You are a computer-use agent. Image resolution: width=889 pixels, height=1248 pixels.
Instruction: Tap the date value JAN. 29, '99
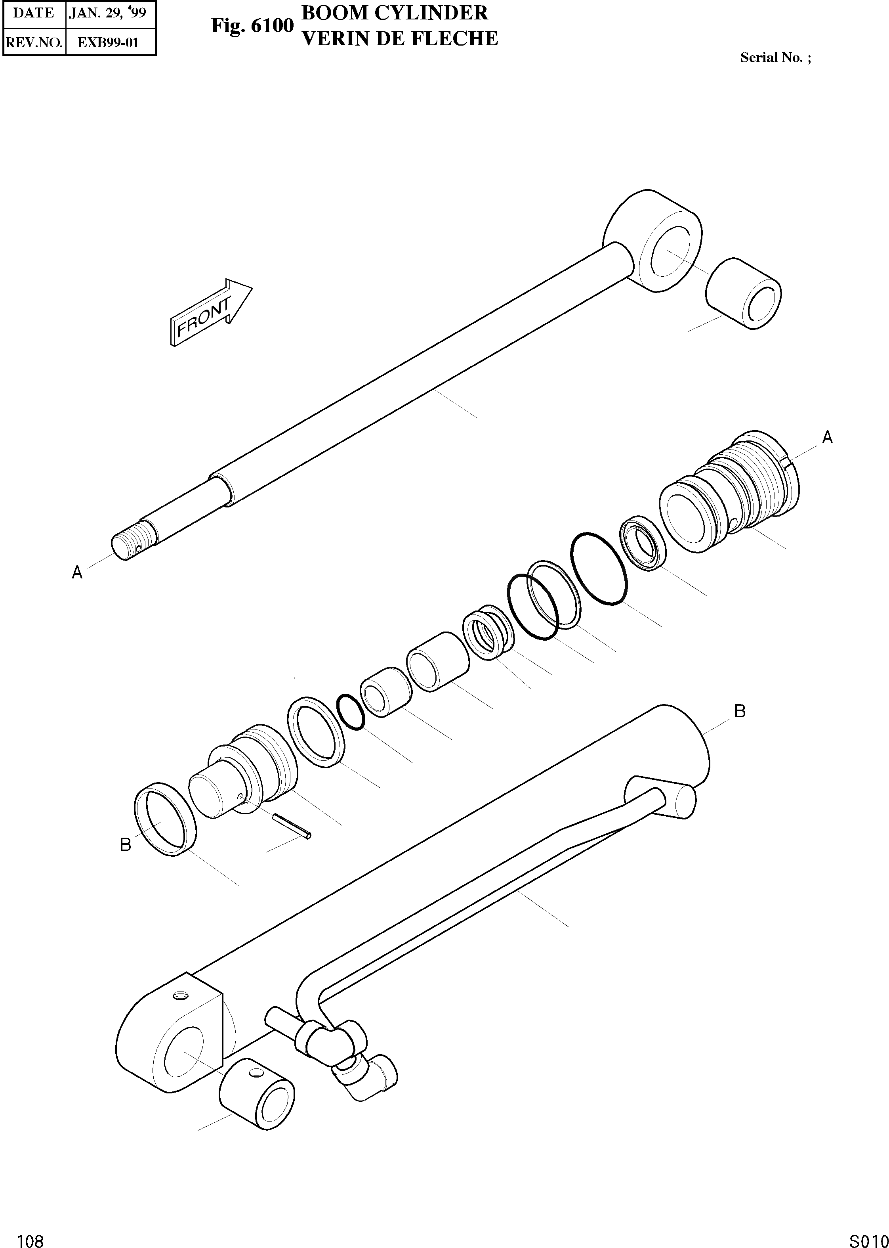pyautogui.click(x=108, y=13)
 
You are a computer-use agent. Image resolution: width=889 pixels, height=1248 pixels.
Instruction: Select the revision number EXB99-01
pyautogui.click(x=109, y=42)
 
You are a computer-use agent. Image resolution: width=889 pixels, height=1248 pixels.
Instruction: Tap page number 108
pyautogui.click(x=31, y=1237)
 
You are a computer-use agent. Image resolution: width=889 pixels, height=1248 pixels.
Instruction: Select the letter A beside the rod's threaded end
pyautogui.click(x=77, y=573)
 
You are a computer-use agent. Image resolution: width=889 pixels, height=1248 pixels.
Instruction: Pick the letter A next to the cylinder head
pyautogui.click(x=827, y=437)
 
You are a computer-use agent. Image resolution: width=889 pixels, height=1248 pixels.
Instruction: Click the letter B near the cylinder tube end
pyautogui.click(x=740, y=711)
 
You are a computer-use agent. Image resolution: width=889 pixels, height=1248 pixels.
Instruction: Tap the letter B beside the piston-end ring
pyautogui.click(x=125, y=845)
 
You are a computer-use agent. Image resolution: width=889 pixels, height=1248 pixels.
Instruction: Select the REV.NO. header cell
pyautogui.click(x=34, y=42)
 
